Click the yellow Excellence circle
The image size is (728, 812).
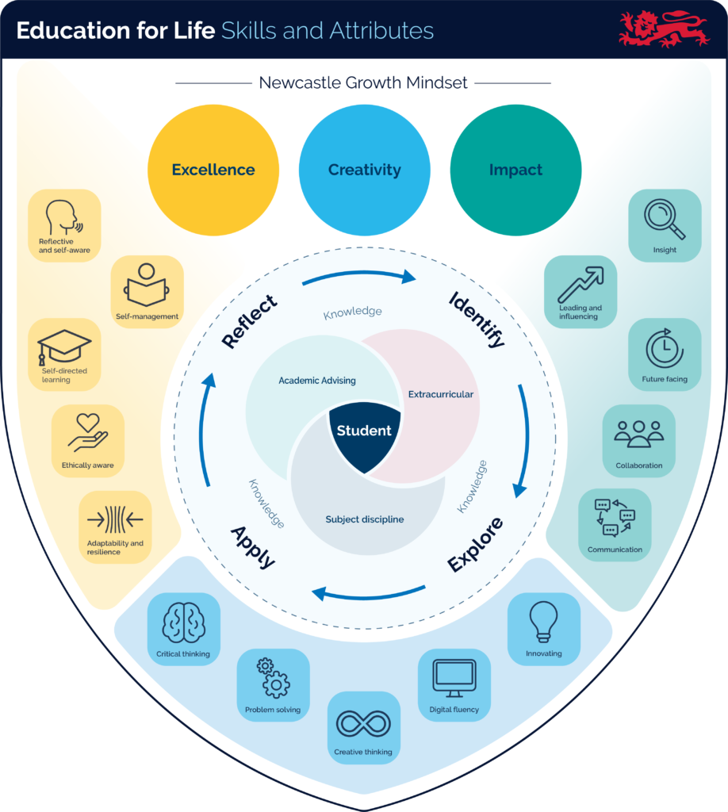[x=213, y=170]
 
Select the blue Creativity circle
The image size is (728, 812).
[x=364, y=170]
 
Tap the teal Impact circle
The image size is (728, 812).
[x=515, y=170]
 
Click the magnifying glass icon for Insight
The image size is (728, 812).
[x=665, y=219]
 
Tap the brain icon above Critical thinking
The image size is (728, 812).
[x=183, y=623]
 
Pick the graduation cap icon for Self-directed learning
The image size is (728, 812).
[x=64, y=347]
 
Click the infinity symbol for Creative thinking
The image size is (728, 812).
[x=363, y=723]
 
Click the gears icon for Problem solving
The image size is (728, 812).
[x=273, y=678]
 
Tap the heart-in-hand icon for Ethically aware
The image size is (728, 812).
[x=87, y=433]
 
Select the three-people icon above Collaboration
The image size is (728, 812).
[x=638, y=433]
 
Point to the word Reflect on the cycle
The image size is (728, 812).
[x=250, y=321]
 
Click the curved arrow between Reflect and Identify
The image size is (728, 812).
[x=358, y=274]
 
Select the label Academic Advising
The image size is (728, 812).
[x=317, y=381]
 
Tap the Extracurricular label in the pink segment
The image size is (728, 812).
[x=441, y=394]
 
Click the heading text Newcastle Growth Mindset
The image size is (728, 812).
[x=363, y=82]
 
